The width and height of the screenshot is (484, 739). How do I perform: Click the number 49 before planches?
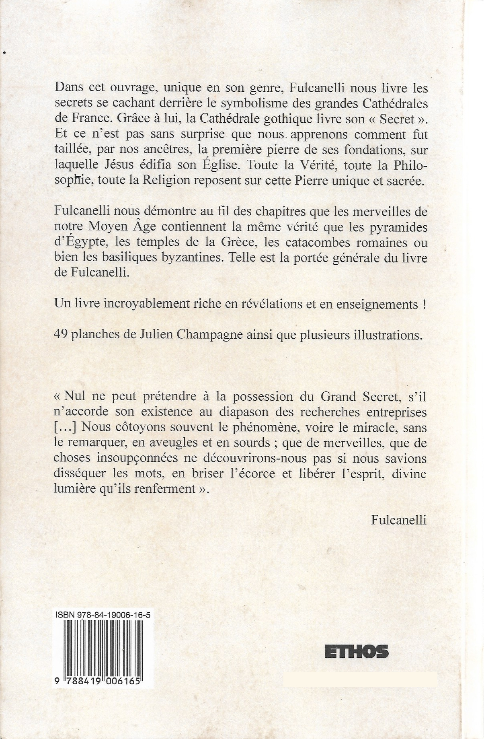click(x=60, y=336)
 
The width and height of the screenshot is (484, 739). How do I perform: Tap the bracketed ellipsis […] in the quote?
click(x=63, y=428)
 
